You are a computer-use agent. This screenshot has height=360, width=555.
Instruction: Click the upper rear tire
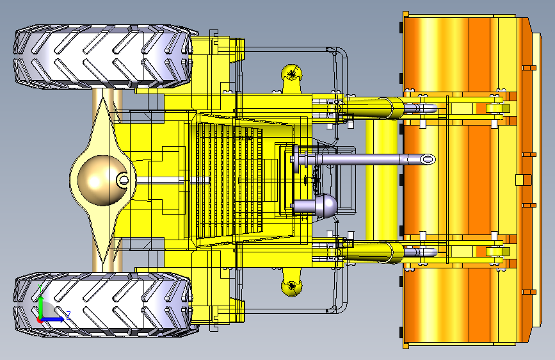pyautogui.click(x=102, y=57)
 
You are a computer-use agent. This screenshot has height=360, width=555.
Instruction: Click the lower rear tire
pyautogui.click(x=102, y=305)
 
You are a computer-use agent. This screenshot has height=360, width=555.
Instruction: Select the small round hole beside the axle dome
pyautogui.click(x=124, y=180)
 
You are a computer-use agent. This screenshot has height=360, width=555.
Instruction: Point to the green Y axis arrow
pyautogui.click(x=41, y=307)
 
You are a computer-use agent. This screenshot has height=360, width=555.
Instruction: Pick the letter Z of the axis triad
pyautogui.click(x=68, y=315)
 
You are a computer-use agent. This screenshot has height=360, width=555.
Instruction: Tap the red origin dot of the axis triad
pyautogui.click(x=40, y=320)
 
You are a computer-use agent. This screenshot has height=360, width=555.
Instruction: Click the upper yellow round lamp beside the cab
pyautogui.click(x=292, y=75)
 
